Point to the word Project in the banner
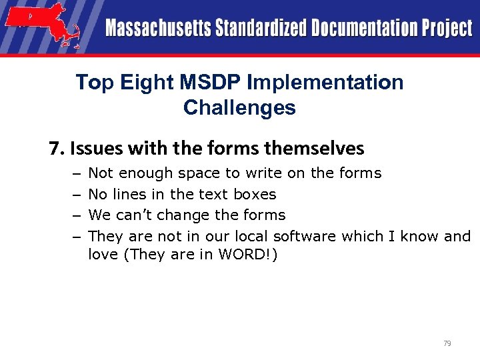tap(445, 29)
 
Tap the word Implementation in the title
tap(325, 83)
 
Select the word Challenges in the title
tap(239, 107)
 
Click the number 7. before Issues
tap(56, 147)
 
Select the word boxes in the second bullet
tap(255, 195)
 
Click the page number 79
tap(447, 343)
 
